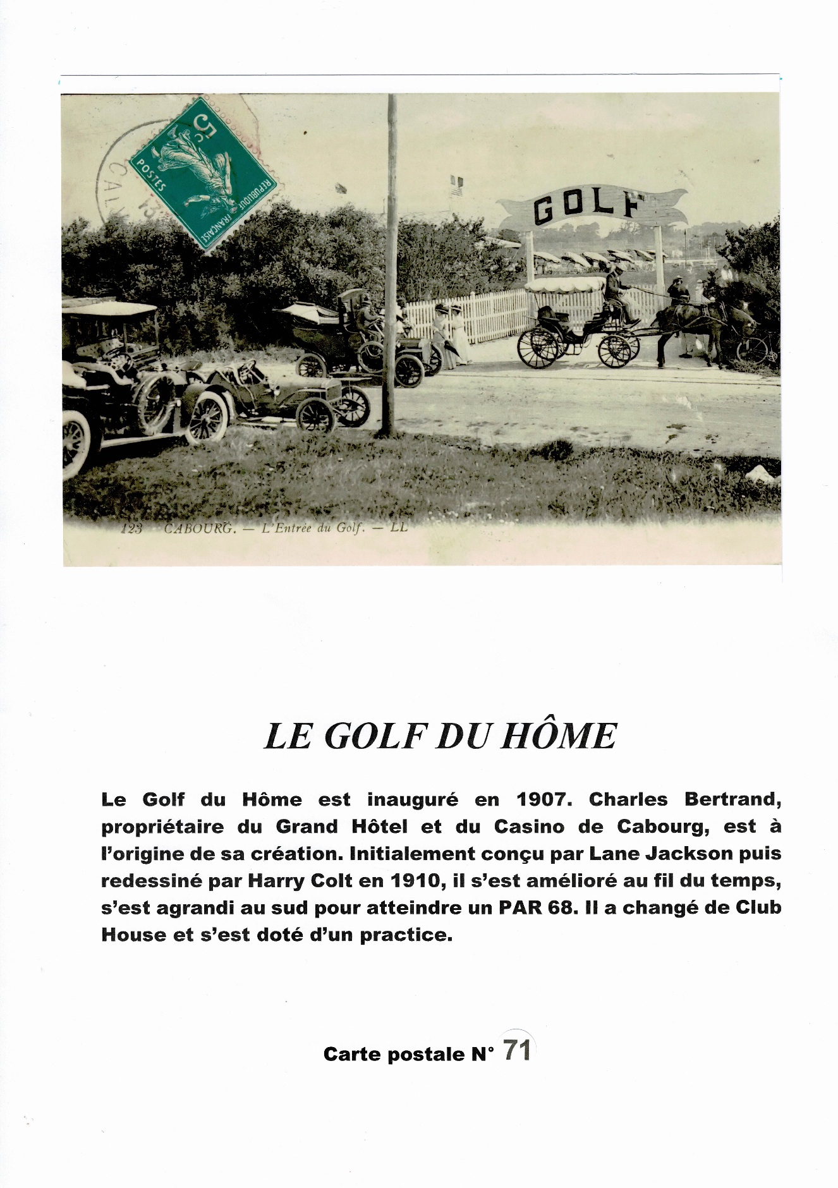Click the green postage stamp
coord(203,173)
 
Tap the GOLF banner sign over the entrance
coord(590,207)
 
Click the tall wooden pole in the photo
coord(390,265)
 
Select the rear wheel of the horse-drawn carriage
coord(538,348)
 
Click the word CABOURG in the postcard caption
coord(199,528)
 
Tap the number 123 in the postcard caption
coord(131,528)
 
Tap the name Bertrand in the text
coord(732,799)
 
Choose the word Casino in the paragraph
coord(529,827)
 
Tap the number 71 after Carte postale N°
coord(517,1050)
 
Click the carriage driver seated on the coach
coord(615,291)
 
